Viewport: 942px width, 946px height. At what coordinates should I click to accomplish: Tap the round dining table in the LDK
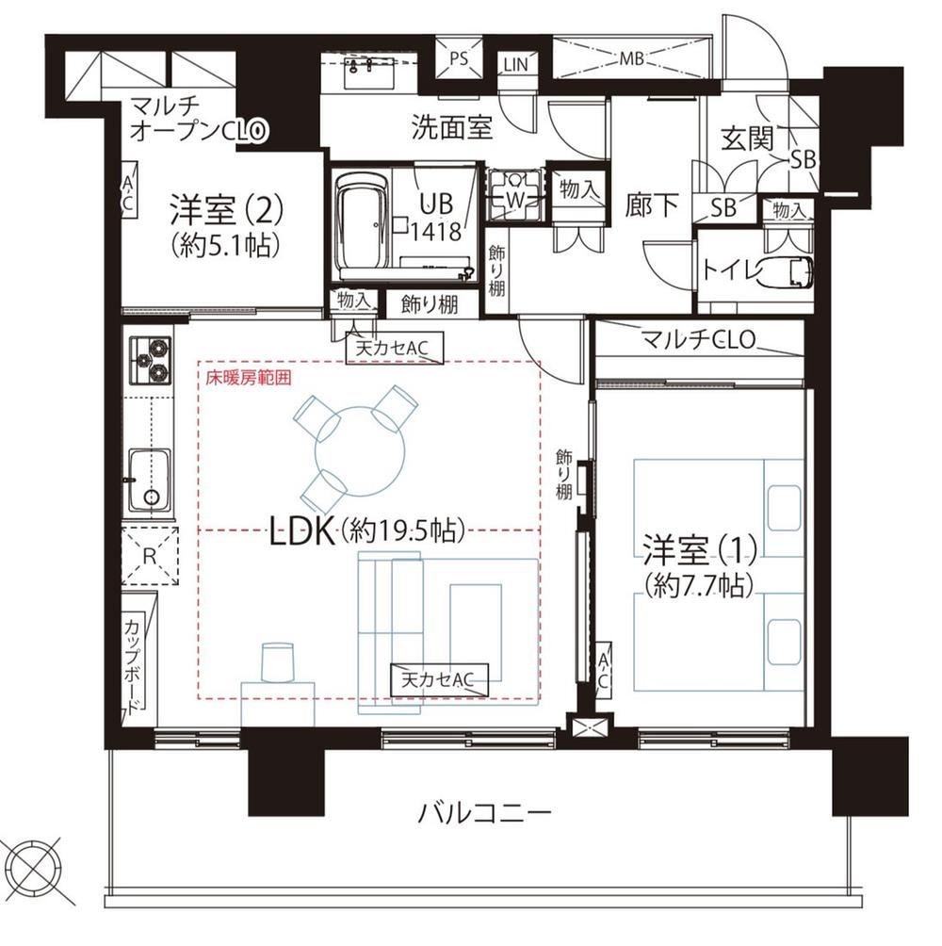pyautogui.click(x=360, y=451)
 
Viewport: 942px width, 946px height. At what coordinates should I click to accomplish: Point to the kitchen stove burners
pyautogui.click(x=150, y=360)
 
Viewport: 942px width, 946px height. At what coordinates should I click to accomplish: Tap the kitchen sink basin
pyautogui.click(x=149, y=481)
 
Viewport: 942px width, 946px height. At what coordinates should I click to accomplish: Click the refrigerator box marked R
pyautogui.click(x=150, y=556)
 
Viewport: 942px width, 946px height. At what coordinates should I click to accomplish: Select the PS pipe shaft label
pyautogui.click(x=459, y=58)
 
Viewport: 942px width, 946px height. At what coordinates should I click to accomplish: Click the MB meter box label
pyautogui.click(x=631, y=58)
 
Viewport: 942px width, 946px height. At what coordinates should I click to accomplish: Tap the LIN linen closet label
pyautogui.click(x=515, y=64)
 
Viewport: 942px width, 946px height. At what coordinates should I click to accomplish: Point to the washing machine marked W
pyautogui.click(x=513, y=195)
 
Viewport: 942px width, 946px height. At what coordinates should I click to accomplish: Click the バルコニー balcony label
pyautogui.click(x=485, y=813)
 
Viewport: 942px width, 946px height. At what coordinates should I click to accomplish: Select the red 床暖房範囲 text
pyautogui.click(x=249, y=378)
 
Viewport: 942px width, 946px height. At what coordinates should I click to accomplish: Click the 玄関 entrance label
pyautogui.click(x=748, y=139)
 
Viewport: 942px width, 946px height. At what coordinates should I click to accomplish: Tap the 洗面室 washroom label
pyautogui.click(x=452, y=126)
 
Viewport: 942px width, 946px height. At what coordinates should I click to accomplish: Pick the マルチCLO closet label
pyautogui.click(x=698, y=340)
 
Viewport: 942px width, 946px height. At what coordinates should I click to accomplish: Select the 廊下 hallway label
pyautogui.click(x=652, y=204)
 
